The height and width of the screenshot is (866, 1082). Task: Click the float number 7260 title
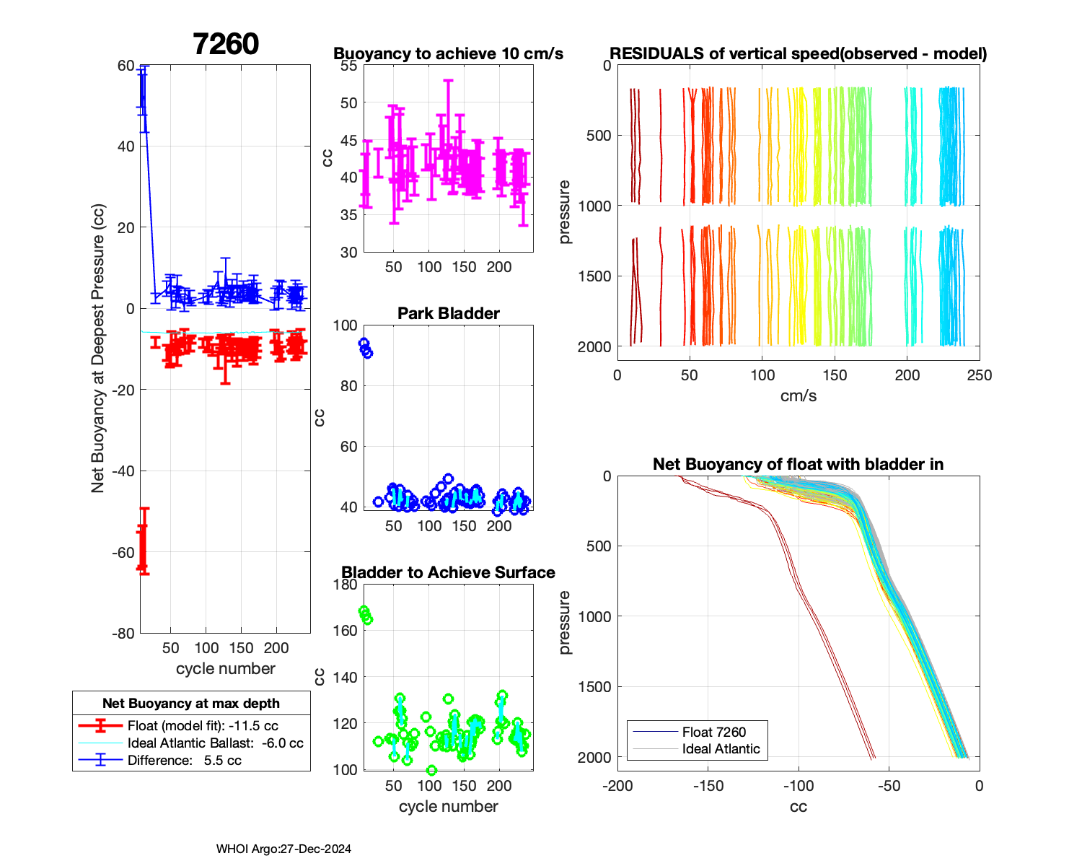(x=226, y=44)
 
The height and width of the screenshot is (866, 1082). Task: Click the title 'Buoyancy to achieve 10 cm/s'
(x=448, y=54)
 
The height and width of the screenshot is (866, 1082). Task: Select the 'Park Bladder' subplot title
(x=448, y=313)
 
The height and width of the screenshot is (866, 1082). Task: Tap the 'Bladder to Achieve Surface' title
(x=448, y=572)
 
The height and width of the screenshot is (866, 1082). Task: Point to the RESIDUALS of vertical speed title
(x=798, y=54)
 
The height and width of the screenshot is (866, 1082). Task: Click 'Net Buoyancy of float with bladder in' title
(x=798, y=464)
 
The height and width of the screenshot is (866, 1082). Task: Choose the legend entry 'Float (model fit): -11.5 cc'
(x=203, y=726)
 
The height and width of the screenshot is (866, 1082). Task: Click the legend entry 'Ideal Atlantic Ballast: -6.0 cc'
(x=215, y=743)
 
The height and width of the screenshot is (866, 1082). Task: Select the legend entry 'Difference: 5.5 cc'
(x=184, y=761)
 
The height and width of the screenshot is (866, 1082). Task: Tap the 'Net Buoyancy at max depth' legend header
(x=191, y=704)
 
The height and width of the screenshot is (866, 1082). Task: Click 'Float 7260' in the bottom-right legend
(x=713, y=732)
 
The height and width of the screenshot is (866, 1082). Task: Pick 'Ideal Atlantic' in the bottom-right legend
(x=721, y=749)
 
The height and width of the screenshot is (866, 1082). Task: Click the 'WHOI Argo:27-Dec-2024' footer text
(x=283, y=849)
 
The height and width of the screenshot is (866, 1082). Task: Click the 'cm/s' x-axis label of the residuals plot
(x=798, y=396)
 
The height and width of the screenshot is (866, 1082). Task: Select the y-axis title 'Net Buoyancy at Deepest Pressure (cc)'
(x=98, y=349)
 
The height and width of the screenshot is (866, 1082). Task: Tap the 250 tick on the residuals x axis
(x=979, y=375)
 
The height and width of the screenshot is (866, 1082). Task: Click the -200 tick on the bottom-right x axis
(x=617, y=786)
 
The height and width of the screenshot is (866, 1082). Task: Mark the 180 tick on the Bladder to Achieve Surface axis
(x=346, y=585)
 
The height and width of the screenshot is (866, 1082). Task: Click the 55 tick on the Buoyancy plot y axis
(x=348, y=66)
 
